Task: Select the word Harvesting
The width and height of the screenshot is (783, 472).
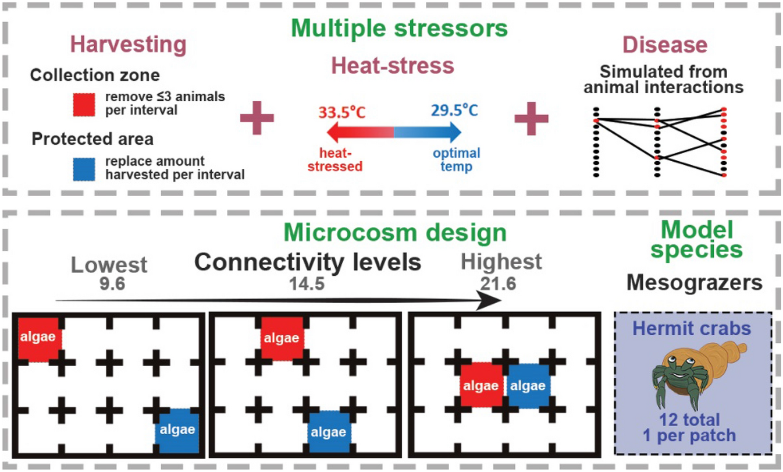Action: tap(128, 45)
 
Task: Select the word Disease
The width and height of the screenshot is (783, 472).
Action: tap(665, 45)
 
